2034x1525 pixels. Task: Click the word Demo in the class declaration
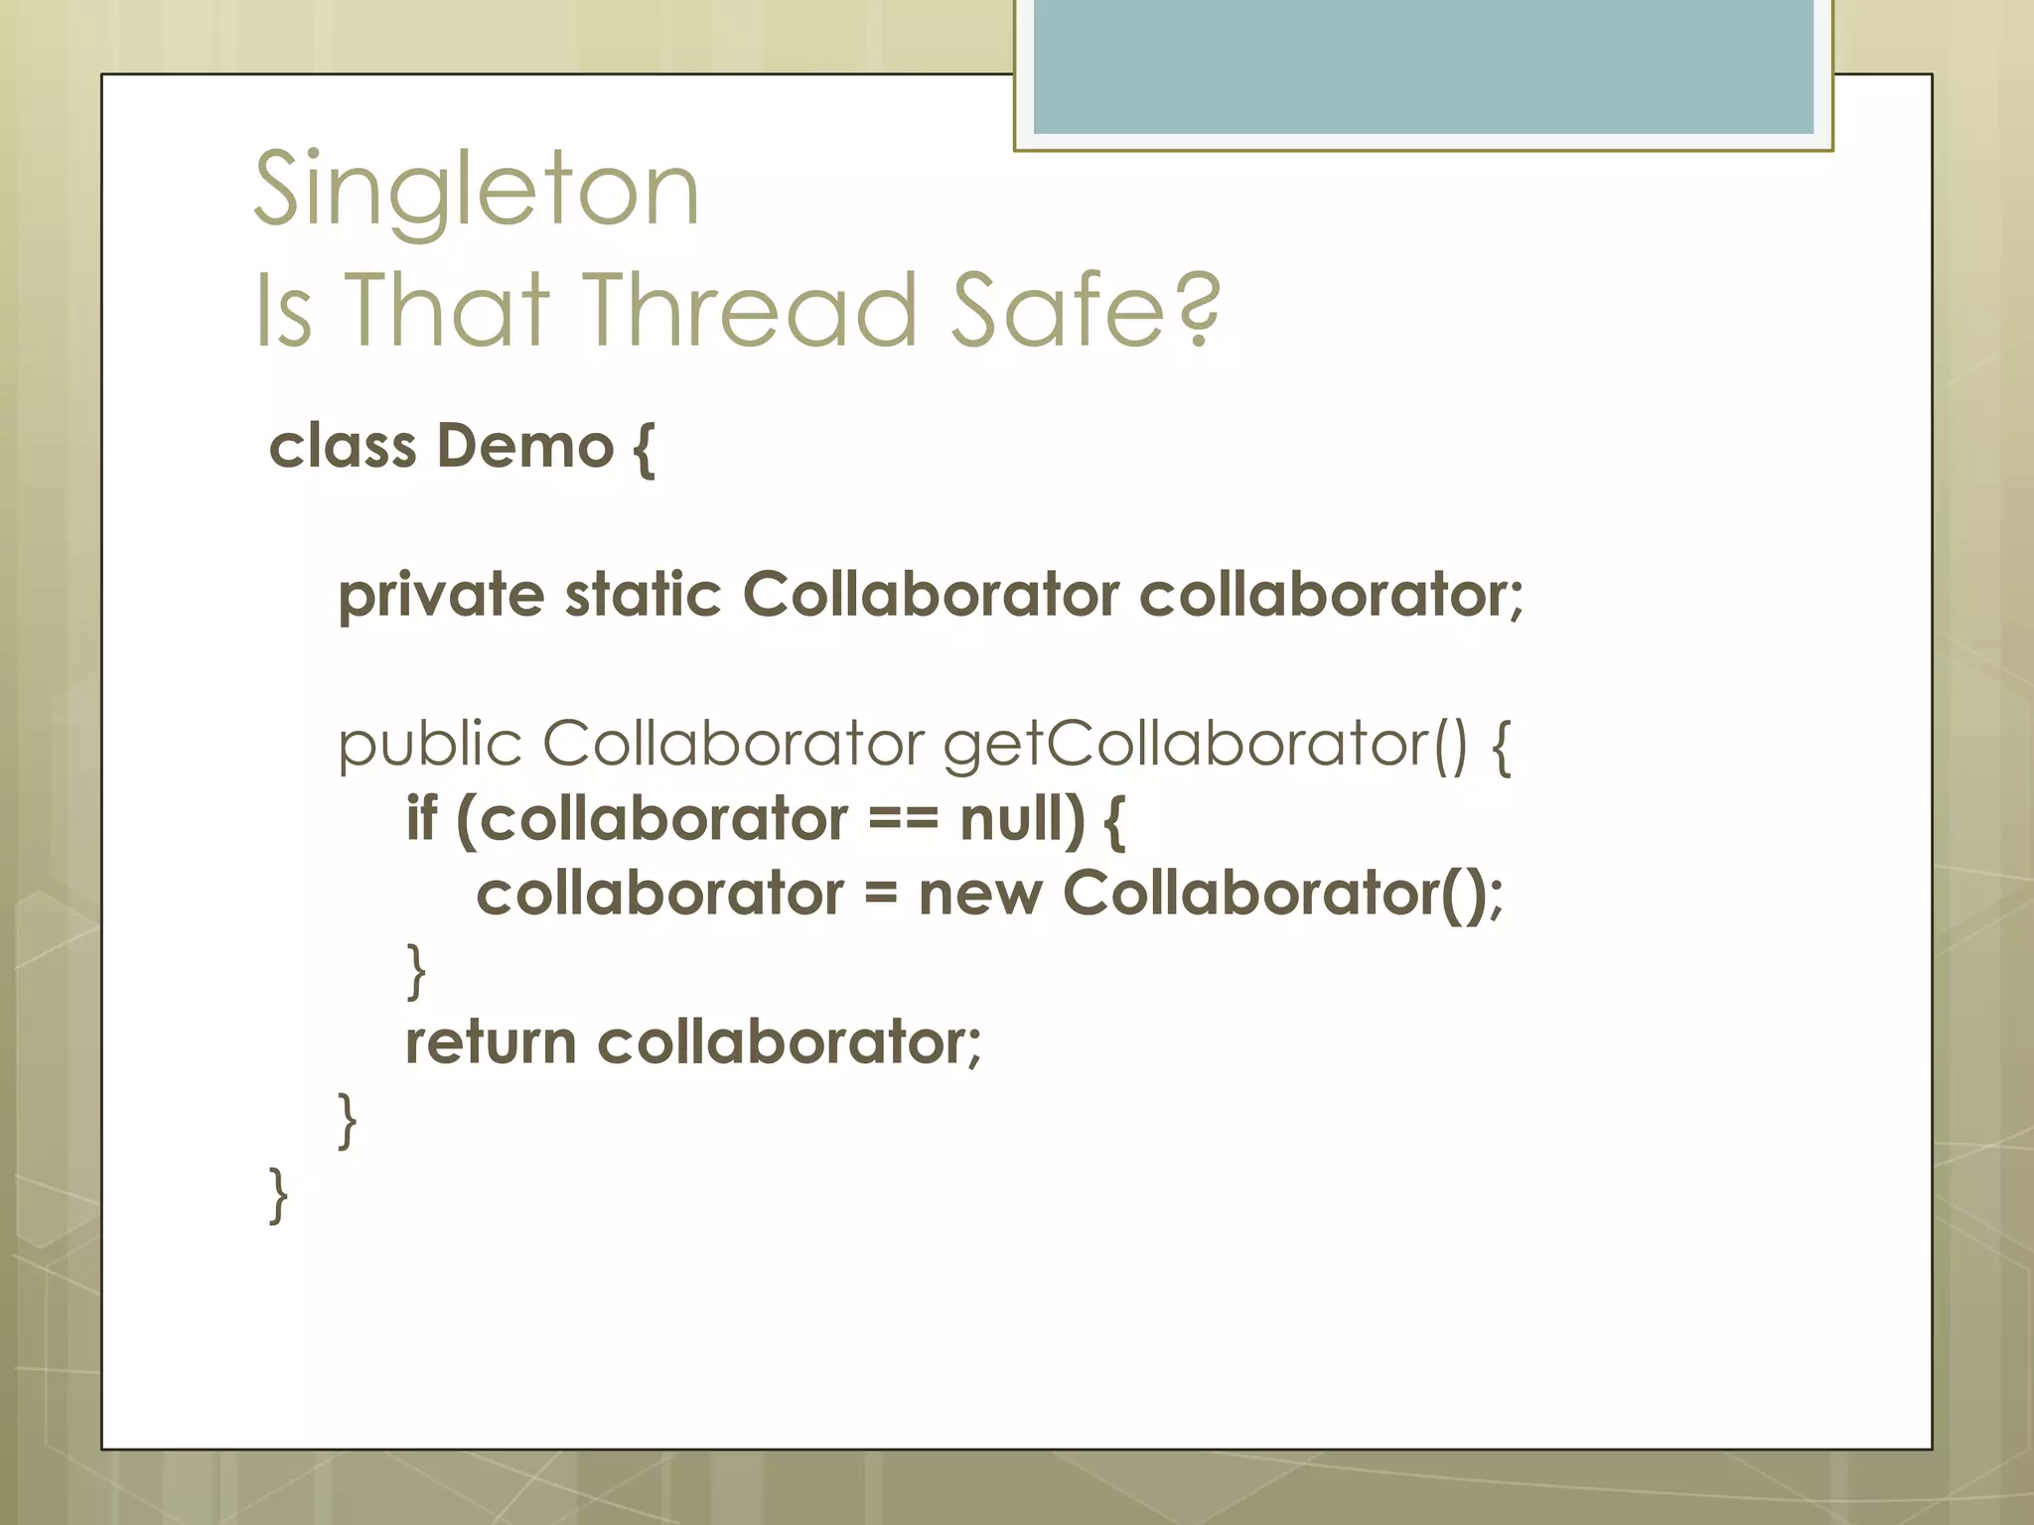(x=525, y=446)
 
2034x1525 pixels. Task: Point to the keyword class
(x=343, y=446)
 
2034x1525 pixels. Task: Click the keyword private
(x=441, y=597)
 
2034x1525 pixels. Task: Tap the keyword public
(x=429, y=745)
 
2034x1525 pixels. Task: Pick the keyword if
(x=421, y=818)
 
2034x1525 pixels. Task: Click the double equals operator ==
(x=903, y=820)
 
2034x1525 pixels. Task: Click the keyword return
(x=491, y=1042)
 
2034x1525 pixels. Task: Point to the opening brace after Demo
(x=644, y=448)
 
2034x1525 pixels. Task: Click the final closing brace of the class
(x=279, y=1195)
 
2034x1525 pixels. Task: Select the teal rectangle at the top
(x=1423, y=67)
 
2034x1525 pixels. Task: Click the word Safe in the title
(x=1057, y=310)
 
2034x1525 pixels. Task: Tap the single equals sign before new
(x=880, y=895)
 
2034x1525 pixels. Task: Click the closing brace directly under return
(x=348, y=1121)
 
